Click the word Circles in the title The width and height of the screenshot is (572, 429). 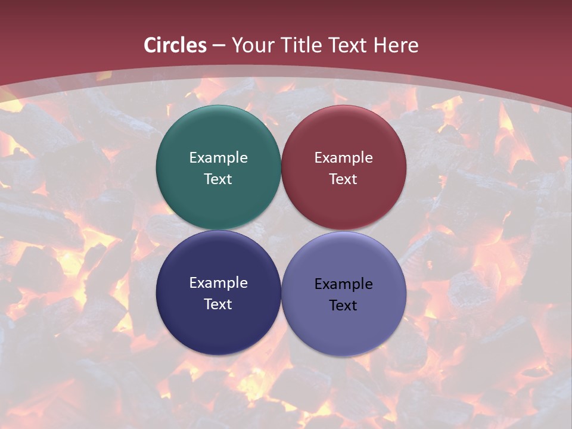[x=175, y=45]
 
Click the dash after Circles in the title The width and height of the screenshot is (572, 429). [x=219, y=46]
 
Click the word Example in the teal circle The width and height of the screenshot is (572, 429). [x=218, y=158]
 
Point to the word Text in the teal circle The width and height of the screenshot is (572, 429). [x=218, y=179]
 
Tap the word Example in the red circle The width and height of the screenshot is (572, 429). [x=343, y=158]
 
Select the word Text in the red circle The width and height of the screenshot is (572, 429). [x=343, y=179]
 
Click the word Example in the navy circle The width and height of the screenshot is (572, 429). [x=218, y=283]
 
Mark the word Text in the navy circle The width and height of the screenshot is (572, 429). [x=218, y=304]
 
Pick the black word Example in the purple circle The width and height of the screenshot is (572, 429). [x=343, y=284]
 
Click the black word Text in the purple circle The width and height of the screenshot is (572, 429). [x=343, y=306]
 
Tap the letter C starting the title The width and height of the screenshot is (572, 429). [x=150, y=45]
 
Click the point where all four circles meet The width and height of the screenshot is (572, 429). [x=281, y=230]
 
